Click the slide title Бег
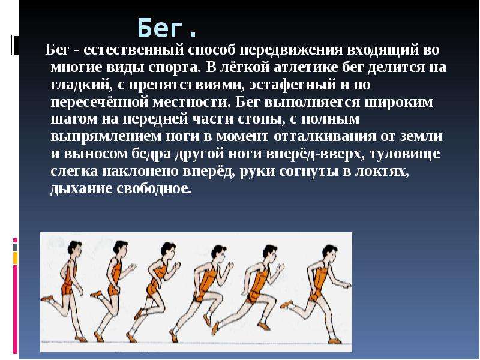pyautogui.click(x=167, y=28)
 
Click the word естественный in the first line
pyautogui.click(x=133, y=50)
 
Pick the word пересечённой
pyautogui.click(x=100, y=101)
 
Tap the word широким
pyautogui.click(x=398, y=102)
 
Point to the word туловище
pyautogui.click(x=404, y=154)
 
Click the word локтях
pyautogui.click(x=382, y=172)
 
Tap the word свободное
pyautogui.click(x=154, y=188)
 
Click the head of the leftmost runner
pyautogui.click(x=74, y=249)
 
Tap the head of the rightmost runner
pyautogui.click(x=330, y=253)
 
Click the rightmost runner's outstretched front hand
pyautogui.click(x=347, y=286)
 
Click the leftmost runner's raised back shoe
pyautogui.click(x=47, y=298)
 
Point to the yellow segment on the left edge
pyautogui.click(x=16, y=258)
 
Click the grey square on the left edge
pyautogui.click(x=16, y=247)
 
